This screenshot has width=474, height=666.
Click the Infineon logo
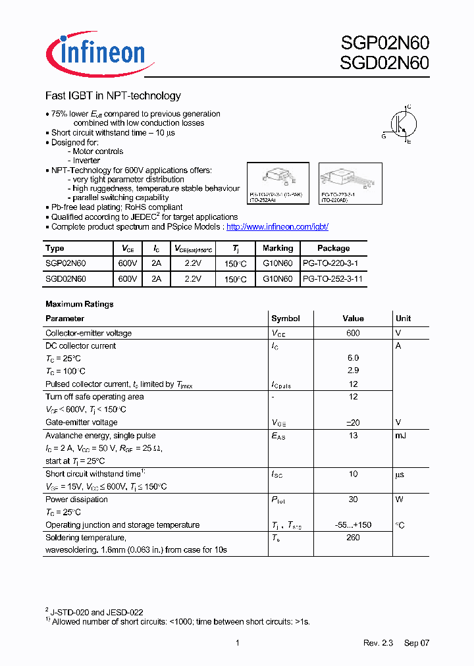coord(95,52)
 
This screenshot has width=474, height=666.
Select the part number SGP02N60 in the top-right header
coord(384,43)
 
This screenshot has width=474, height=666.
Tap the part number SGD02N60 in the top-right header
coord(384,63)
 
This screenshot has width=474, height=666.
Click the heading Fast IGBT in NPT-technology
coord(113,96)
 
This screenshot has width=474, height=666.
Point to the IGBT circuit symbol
coord(400,123)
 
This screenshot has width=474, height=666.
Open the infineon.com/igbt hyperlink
coord(277,226)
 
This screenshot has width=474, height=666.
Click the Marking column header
coord(277,248)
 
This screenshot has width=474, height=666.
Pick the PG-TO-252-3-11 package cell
coord(332,279)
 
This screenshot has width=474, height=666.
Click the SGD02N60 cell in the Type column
coord(65,279)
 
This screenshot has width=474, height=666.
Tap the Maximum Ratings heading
coord(79,304)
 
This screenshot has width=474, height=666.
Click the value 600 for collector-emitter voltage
coord(353,333)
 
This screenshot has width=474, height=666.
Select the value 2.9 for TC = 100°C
coord(353,371)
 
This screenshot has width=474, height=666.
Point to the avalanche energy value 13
coord(353,435)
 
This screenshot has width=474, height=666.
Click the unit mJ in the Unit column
coord(401,435)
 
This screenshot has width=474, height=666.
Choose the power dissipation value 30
coord(353,499)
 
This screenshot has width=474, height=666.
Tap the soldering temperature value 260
coord(353,538)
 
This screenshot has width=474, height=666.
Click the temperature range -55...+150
coord(353,525)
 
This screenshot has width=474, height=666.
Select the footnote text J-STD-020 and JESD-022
coord(97,612)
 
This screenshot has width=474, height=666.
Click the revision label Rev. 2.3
coord(378,643)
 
